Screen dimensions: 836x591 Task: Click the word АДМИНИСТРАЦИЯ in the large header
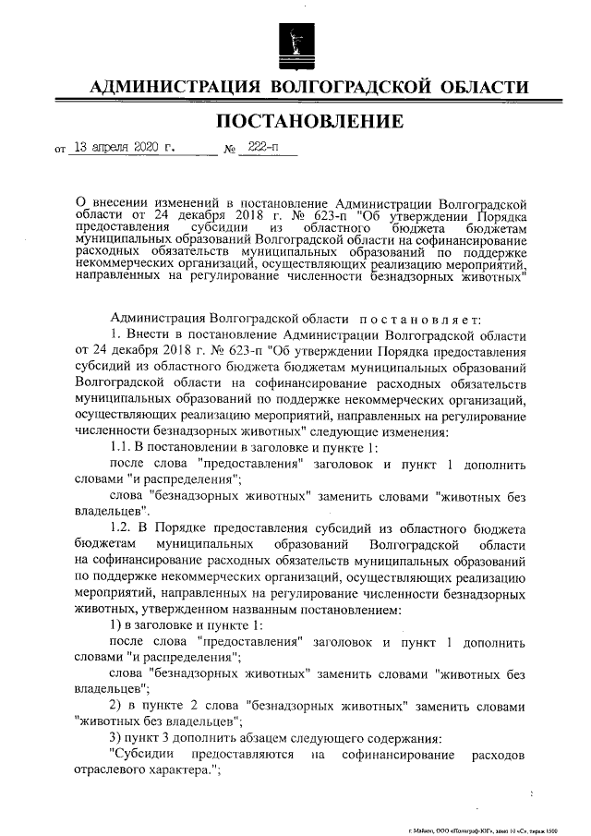pos(170,88)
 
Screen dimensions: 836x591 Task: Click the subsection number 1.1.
pos(120,448)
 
